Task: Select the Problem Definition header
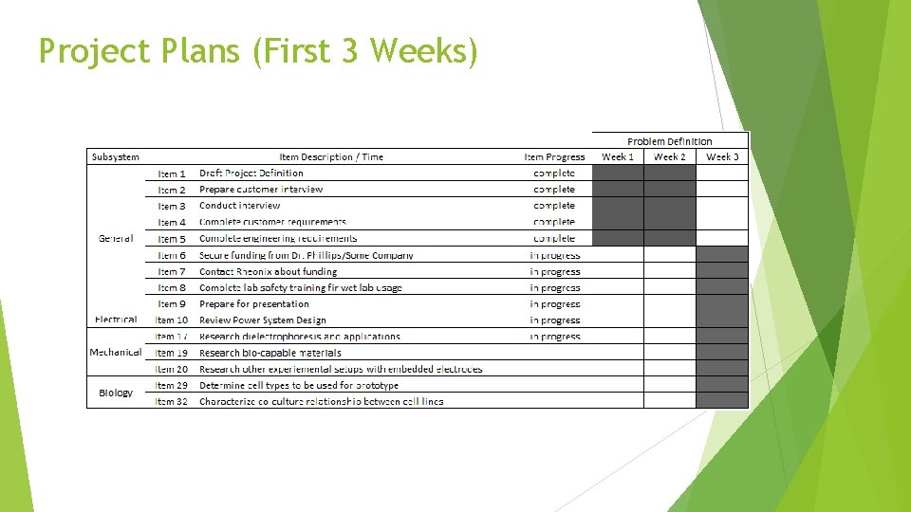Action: point(669,141)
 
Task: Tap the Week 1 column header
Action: point(618,156)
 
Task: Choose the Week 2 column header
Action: point(669,156)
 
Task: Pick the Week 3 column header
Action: point(722,156)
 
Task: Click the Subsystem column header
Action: point(115,156)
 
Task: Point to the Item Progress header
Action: point(554,156)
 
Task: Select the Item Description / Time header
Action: point(331,156)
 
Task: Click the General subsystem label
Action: point(116,238)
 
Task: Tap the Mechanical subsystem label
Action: point(115,352)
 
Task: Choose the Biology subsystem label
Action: point(116,393)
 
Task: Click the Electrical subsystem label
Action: point(116,320)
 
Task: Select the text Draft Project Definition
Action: point(251,174)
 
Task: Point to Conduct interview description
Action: point(240,206)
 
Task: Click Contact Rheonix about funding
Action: point(268,271)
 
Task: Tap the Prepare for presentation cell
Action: point(254,304)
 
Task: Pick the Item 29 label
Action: point(172,386)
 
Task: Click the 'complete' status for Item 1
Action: point(554,174)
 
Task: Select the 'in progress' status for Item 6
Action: point(554,255)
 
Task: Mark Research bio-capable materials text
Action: point(270,353)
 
